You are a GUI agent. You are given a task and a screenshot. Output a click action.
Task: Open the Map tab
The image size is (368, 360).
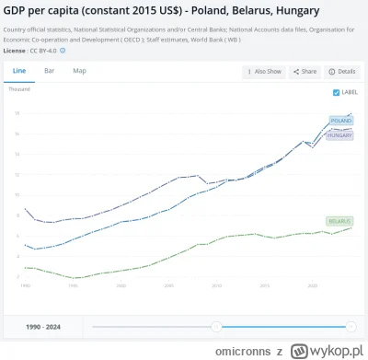pyautogui.click(x=80, y=71)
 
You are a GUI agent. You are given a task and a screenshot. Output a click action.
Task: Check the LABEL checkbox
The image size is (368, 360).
pyautogui.click(x=336, y=93)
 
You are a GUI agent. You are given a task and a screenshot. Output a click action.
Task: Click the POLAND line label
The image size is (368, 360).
pyautogui.click(x=341, y=121)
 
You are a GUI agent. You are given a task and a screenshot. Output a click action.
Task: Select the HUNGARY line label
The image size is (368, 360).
pyautogui.click(x=341, y=135)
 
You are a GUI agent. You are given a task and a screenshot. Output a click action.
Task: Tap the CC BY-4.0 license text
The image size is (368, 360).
pyautogui.click(x=42, y=51)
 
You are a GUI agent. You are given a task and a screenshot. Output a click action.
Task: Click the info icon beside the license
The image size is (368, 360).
pyautogui.click(x=63, y=51)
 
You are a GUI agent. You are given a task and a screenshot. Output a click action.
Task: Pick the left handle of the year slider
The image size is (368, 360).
pyautogui.click(x=216, y=326)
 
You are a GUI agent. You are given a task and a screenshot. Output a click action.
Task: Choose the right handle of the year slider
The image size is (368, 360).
pyautogui.click(x=351, y=326)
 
